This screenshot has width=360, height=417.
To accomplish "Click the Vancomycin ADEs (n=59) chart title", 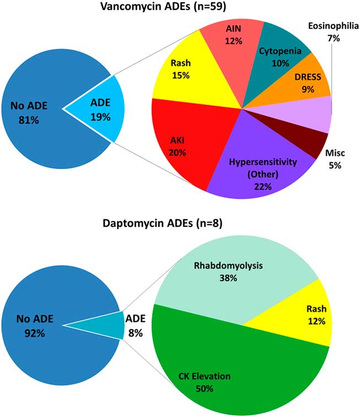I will (x=179, y=8).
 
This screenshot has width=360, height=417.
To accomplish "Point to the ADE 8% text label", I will (x=135, y=325).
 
